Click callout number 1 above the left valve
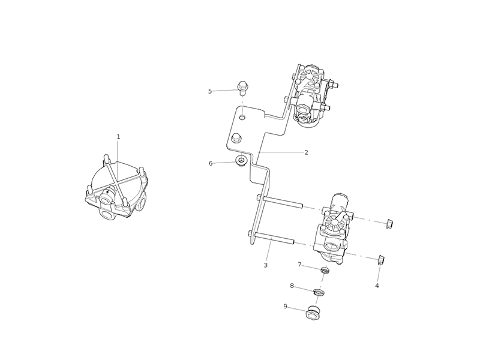pyautogui.click(x=118, y=137)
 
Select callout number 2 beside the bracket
pyautogui.click(x=306, y=152)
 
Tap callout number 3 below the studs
pyautogui.click(x=265, y=265)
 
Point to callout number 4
pyautogui.click(x=377, y=286)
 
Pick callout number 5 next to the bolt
pyautogui.click(x=210, y=91)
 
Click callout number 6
pyautogui.click(x=211, y=163)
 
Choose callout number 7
pyautogui.click(x=299, y=264)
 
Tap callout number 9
pyautogui.click(x=286, y=306)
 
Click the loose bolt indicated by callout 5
pyautogui.click(x=243, y=88)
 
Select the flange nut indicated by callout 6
pyautogui.click(x=241, y=161)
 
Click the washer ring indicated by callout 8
pyautogui.click(x=319, y=292)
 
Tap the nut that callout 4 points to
pyautogui.click(x=380, y=259)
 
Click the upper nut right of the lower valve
pyautogui.click(x=388, y=224)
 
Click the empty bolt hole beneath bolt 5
pyautogui.click(x=241, y=115)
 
